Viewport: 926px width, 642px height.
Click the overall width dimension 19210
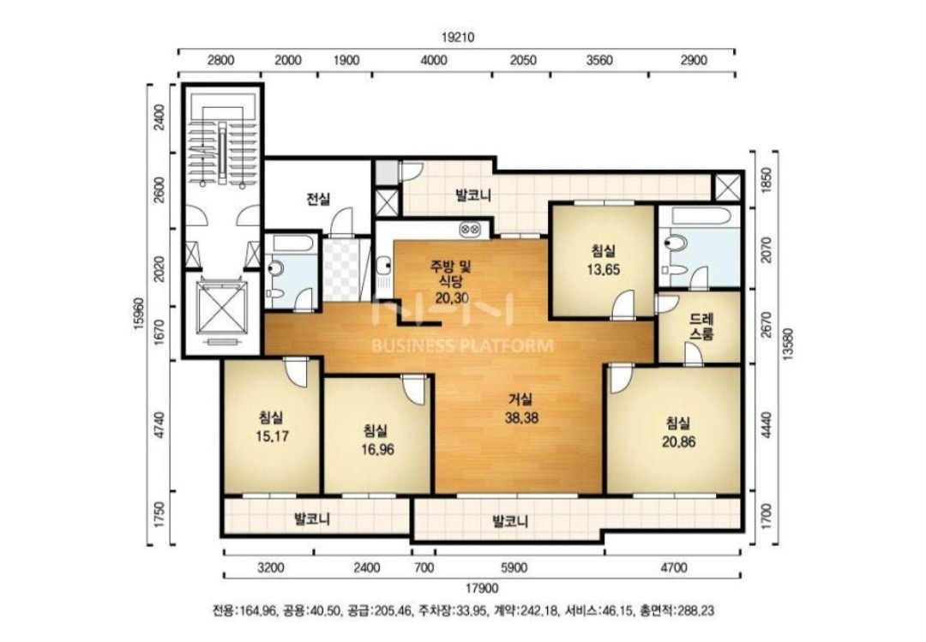tap(458, 37)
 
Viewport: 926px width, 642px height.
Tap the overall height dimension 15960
tap(140, 315)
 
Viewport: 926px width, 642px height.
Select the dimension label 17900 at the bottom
tap(482, 588)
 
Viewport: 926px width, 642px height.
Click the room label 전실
tap(318, 199)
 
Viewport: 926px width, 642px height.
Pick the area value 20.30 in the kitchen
tap(453, 297)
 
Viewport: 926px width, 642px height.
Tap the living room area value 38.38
tap(521, 418)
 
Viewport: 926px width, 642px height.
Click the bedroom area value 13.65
tap(603, 270)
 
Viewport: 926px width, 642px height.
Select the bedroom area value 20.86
tap(678, 441)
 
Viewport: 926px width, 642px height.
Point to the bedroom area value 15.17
tap(272, 437)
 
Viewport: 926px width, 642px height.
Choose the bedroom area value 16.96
tap(377, 450)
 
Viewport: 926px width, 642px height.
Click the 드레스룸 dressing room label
tap(701, 326)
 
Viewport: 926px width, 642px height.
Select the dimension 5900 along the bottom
tap(514, 568)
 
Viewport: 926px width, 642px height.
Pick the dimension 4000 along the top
tap(434, 60)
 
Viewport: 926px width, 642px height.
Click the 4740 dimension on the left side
tap(159, 425)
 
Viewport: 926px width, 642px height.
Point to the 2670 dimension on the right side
tap(766, 325)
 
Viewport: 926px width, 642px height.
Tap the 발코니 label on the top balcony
tap(473, 195)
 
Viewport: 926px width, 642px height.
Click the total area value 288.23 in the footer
tap(697, 610)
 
